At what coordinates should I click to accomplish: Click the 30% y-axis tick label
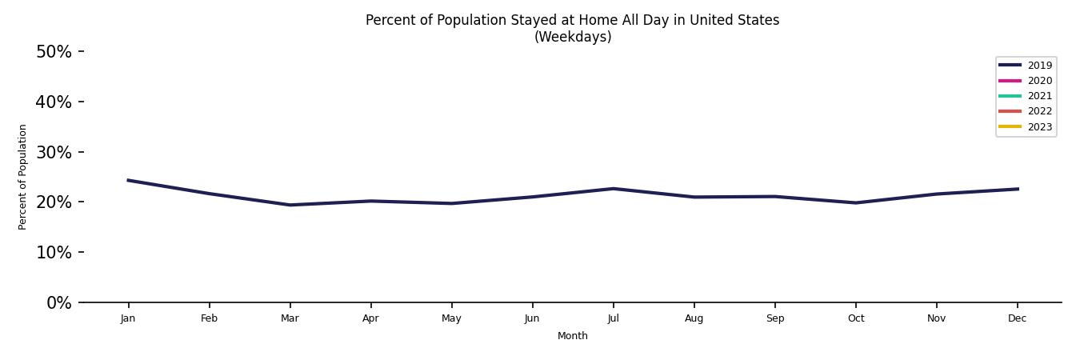click(x=54, y=152)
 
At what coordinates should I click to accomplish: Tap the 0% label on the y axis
click(x=58, y=302)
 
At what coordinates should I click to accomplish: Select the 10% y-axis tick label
click(x=54, y=252)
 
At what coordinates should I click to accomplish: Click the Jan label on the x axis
click(x=128, y=318)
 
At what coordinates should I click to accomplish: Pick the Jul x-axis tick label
click(x=613, y=318)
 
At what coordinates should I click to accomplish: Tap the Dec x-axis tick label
click(x=1017, y=318)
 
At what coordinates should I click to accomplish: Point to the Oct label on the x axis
click(x=855, y=318)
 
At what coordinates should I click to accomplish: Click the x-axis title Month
click(x=572, y=336)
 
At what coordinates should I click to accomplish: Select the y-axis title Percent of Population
click(x=23, y=177)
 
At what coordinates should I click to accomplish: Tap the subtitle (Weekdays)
click(x=572, y=37)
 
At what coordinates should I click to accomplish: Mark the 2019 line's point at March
click(x=290, y=205)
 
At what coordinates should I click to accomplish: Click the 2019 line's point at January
click(x=128, y=180)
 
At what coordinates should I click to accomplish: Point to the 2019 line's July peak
click(x=613, y=189)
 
